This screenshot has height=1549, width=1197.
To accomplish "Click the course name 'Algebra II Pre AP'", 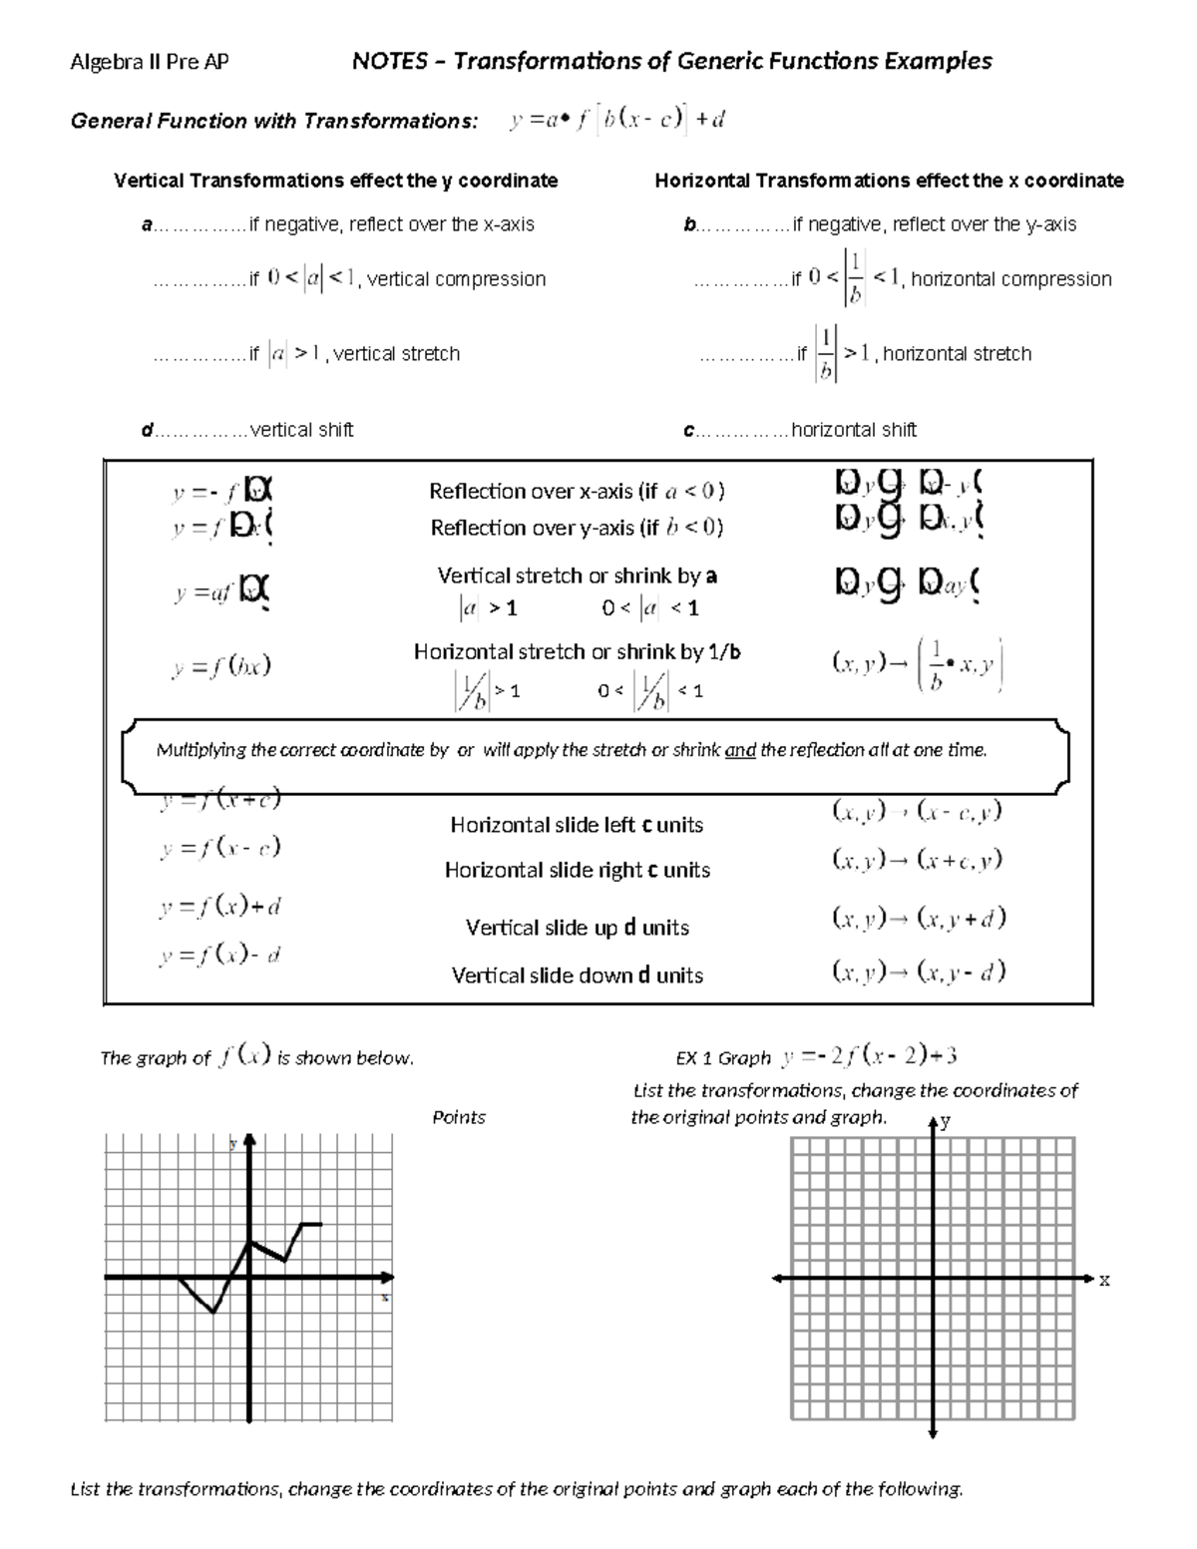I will coord(150,62).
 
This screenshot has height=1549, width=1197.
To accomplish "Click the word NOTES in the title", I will coord(390,61).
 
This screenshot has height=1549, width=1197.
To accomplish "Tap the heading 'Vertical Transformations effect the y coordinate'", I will coord(335,181).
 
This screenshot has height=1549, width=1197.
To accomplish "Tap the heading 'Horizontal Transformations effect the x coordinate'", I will coord(889,181).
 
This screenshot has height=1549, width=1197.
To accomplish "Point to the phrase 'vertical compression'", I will coord(457,279).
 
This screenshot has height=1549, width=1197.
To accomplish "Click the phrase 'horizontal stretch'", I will coord(958,353).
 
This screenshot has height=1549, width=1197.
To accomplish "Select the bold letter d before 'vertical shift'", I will coord(147,430).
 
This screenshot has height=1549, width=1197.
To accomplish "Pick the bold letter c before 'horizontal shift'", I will coord(688,430).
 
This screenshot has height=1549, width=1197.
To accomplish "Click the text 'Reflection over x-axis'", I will coord(533,491).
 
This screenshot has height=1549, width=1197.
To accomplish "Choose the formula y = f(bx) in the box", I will coord(221,667).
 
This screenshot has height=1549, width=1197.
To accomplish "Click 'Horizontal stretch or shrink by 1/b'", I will coord(577,651).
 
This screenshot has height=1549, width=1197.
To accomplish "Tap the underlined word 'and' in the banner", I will coord(740,750).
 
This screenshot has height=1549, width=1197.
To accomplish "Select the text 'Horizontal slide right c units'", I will coord(577,870).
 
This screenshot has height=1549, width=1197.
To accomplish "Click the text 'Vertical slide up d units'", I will coord(577,928).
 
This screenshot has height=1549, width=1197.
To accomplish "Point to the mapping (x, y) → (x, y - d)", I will coord(919,970).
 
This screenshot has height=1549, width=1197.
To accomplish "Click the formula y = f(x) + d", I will coord(220,907).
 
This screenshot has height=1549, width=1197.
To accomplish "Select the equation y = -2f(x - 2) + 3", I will coord(870,1054).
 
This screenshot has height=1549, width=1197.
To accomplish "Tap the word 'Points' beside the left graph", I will coord(459,1117).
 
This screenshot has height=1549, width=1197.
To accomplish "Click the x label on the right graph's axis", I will coord(1104,1280).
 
